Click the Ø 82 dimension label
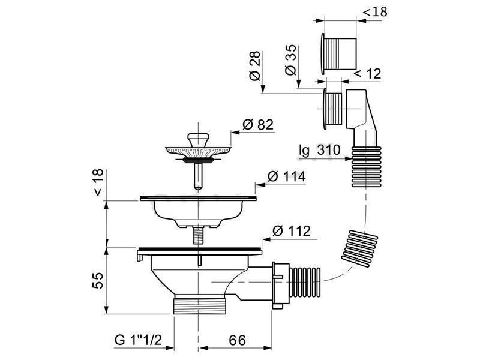(258, 125)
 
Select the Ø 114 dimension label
(287, 176)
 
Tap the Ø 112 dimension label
(292, 231)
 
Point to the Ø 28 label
(254, 66)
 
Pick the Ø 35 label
(290, 60)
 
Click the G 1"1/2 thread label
(138, 340)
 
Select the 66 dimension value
(237, 340)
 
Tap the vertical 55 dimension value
(98, 280)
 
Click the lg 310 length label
(320, 151)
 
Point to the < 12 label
(368, 74)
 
